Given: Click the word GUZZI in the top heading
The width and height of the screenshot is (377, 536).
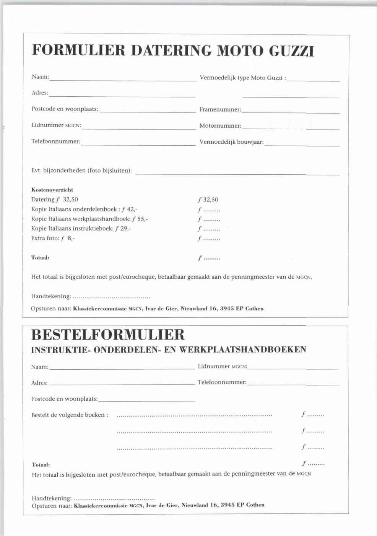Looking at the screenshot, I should pos(292,51).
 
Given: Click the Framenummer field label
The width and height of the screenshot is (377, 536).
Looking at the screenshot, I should pos(220,110).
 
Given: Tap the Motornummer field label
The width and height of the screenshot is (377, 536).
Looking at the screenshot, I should pos(220,126).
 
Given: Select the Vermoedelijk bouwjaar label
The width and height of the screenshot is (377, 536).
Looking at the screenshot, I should pos(231,142).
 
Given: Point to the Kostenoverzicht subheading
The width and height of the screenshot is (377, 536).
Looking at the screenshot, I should pos(52,190).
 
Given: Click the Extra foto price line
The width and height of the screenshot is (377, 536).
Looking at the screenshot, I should pos(53,238).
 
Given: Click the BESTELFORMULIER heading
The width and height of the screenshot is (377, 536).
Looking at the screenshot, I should pos(108,335).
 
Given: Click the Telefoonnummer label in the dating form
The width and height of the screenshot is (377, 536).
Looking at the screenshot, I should pos(56,142).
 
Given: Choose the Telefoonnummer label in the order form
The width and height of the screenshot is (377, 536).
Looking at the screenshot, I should pos(222,382).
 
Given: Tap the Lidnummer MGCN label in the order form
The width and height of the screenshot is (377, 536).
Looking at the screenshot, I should pos(222,366).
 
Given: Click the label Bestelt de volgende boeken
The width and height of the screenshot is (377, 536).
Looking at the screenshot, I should pos(70,415).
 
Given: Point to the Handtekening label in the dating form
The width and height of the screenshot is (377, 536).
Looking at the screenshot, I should pos(51,296).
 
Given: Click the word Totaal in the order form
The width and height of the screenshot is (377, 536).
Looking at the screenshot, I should pos(41,465).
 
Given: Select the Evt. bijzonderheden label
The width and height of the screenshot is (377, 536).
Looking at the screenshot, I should pos(81,171).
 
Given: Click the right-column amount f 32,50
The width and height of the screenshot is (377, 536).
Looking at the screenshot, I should pos(208,200).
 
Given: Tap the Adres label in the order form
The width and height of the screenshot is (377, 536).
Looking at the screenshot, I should pos(39,383).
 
